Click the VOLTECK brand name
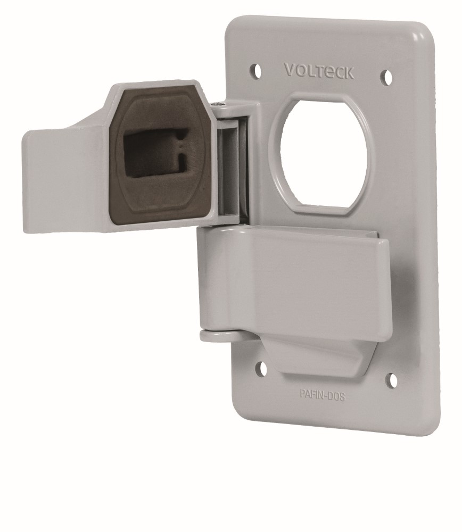319,71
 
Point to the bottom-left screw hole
261,367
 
